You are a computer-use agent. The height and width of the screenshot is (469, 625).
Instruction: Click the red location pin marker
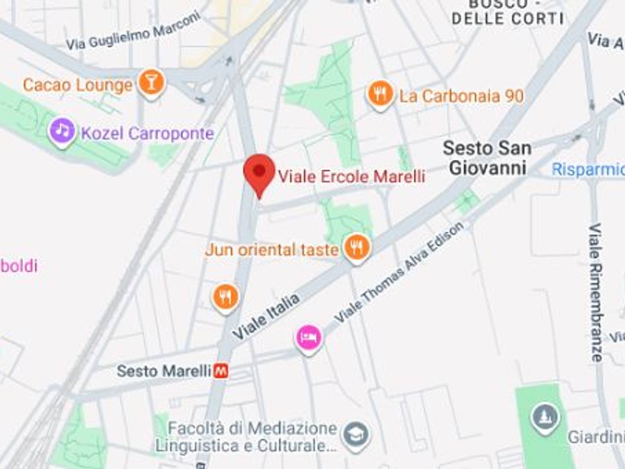(x=259, y=172)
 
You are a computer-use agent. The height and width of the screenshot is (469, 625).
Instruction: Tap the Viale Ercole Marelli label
(x=352, y=176)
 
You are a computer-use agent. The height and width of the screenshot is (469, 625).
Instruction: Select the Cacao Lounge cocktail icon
(x=151, y=83)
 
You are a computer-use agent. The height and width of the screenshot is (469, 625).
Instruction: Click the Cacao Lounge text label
(x=78, y=85)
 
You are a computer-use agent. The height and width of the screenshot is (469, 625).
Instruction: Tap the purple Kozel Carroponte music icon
(x=62, y=131)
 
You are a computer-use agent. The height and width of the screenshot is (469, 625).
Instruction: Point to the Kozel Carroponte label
(x=147, y=133)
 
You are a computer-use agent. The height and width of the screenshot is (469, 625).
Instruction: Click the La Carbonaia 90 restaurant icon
(x=380, y=94)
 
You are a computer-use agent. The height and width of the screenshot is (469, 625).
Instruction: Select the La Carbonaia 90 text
(x=461, y=96)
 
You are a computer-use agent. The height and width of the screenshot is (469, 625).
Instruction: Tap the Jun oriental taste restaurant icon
(x=357, y=248)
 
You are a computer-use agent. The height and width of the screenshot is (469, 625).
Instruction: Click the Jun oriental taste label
(x=272, y=250)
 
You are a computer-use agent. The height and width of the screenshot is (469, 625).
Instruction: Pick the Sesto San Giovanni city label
(x=487, y=158)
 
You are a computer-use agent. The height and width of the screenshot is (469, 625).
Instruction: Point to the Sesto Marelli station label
(x=164, y=371)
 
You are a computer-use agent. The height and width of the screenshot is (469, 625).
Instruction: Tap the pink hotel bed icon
(x=309, y=337)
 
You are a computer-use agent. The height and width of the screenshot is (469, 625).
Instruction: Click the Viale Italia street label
(x=266, y=317)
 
